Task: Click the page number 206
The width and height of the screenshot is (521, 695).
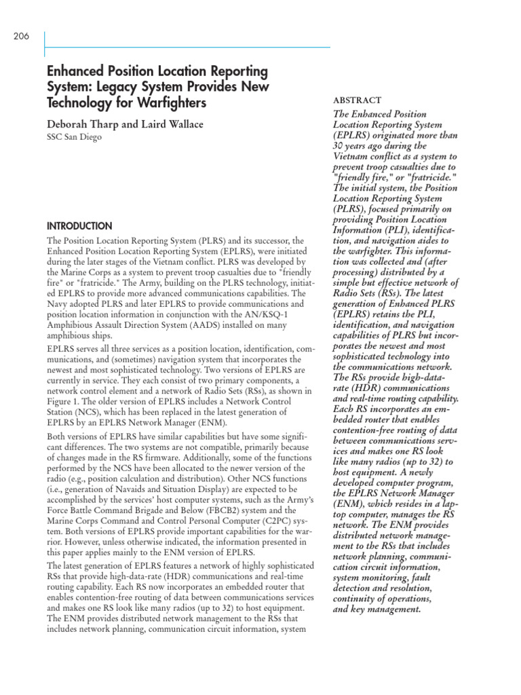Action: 21,37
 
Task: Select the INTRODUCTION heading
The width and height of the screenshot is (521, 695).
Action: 79,226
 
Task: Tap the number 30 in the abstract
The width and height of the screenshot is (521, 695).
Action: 339,145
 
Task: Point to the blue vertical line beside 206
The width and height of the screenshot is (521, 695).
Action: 44,42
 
